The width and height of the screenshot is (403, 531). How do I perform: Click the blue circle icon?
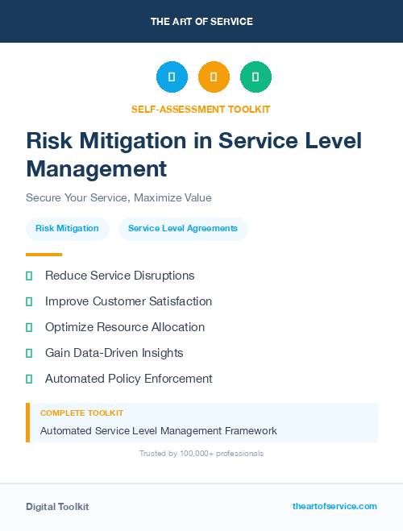coord(172,77)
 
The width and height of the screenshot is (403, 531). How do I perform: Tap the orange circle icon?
coord(214,77)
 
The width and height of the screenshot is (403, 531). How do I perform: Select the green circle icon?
coord(256,77)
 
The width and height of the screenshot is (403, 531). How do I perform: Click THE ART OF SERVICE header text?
coord(201,21)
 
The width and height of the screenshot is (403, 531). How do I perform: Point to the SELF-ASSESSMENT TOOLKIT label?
coord(201,109)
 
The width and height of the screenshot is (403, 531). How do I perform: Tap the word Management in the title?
coord(97,169)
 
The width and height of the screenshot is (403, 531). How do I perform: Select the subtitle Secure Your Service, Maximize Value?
coord(118,197)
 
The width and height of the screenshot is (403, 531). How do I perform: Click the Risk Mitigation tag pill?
coord(67,228)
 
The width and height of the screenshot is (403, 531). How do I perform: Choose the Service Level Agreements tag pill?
coord(183,228)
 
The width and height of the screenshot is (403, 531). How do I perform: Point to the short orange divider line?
coord(44,255)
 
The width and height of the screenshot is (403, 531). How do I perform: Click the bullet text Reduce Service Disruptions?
coord(120,276)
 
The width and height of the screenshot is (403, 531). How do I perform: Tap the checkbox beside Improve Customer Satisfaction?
coord(29,301)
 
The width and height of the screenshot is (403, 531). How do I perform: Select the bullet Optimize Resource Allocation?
coord(125,327)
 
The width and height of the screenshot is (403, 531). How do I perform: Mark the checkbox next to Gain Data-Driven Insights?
coord(29,353)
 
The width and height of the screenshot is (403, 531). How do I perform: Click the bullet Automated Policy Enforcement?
coord(129,379)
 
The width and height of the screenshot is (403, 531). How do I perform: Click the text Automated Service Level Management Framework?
coord(159,431)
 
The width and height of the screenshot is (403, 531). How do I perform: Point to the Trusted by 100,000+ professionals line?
coord(201,454)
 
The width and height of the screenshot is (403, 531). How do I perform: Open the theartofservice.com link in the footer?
coord(334,506)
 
